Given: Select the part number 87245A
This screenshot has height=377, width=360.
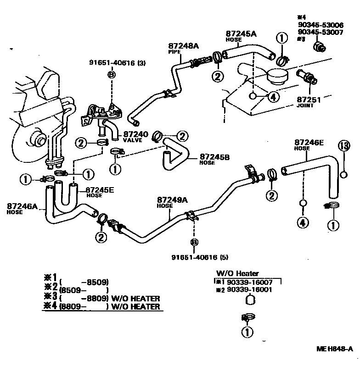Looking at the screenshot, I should pyautogui.click(x=241, y=33).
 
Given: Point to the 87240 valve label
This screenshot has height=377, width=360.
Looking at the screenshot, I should pyautogui.click(x=135, y=134).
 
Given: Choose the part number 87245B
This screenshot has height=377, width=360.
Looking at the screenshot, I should pyautogui.click(x=214, y=156).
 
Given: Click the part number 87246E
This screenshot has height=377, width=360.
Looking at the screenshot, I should pyautogui.click(x=309, y=143).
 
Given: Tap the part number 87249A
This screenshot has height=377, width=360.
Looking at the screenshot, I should pyautogui.click(x=172, y=200).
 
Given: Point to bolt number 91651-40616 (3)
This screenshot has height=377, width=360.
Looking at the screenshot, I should pyautogui.click(x=117, y=63).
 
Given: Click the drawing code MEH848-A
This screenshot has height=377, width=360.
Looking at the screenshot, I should pyautogui.click(x=335, y=349).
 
